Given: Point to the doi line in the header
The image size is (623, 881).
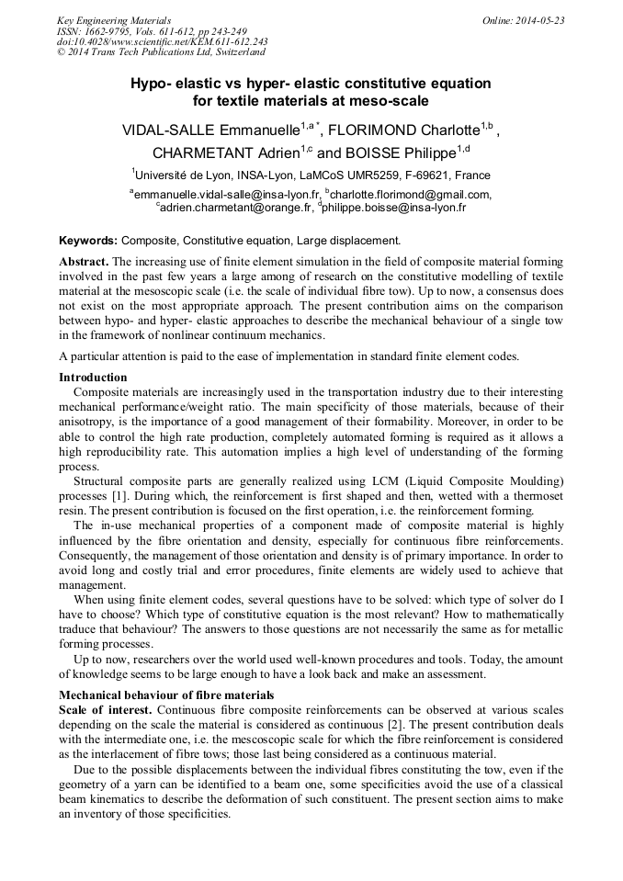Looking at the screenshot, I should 162,42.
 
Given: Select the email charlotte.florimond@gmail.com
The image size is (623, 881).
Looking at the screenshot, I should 410,194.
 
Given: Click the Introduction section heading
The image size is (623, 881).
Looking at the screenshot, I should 93,378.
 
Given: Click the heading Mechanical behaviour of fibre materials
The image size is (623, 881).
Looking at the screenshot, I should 166,695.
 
